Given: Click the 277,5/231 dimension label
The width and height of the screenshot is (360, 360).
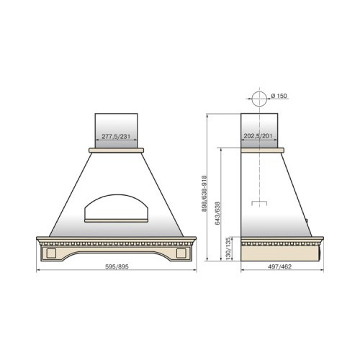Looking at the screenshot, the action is [x=116, y=137].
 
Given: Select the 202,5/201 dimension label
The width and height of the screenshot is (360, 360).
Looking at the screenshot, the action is [x=258, y=136].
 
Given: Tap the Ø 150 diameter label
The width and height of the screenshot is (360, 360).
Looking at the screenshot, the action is [x=279, y=96].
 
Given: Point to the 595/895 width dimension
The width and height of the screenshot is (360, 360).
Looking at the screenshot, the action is [x=117, y=266].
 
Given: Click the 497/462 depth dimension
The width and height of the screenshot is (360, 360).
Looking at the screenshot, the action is [x=280, y=266].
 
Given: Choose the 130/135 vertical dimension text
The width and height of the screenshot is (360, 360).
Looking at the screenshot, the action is [x=228, y=248].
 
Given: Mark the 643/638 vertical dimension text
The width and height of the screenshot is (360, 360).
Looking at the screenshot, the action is [x=217, y=213].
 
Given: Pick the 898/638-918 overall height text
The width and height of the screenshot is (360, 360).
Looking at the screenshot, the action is [x=204, y=194].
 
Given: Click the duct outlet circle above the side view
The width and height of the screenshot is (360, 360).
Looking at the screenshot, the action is [x=259, y=99].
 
